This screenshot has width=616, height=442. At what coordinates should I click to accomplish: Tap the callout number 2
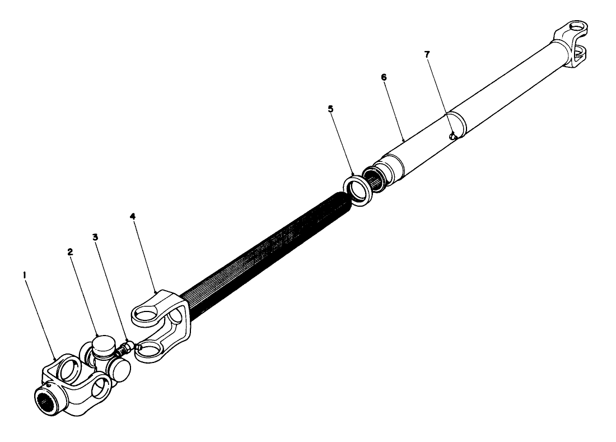pos(71,253)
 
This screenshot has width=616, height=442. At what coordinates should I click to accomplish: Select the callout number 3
pos(96,238)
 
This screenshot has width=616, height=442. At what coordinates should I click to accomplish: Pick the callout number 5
pos(330,109)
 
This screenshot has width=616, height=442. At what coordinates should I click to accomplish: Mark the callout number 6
pos(384,77)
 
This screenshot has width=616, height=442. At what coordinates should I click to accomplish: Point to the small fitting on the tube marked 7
pos(454,135)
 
